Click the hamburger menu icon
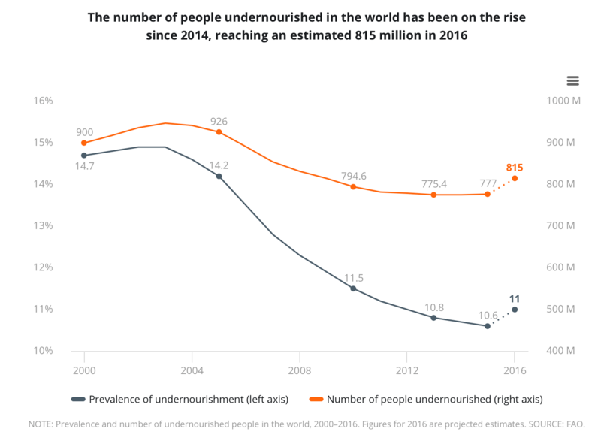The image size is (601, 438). click(x=572, y=81)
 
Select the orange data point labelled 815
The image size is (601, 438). click(x=515, y=178)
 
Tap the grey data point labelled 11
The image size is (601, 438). click(x=515, y=310)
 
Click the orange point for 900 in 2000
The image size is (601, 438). click(x=84, y=143)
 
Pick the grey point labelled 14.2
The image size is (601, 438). click(x=219, y=177)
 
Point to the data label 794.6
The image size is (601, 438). click(x=353, y=177)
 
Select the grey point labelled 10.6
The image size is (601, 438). click(x=488, y=326)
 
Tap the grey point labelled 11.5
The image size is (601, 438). click(x=353, y=288)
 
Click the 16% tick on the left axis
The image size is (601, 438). click(x=41, y=101)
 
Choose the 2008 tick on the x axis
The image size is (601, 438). click(x=299, y=370)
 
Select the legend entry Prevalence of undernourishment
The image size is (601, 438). click(x=173, y=399)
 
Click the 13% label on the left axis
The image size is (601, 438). click(x=41, y=225)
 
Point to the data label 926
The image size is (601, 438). click(x=219, y=122)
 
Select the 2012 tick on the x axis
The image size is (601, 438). click(x=406, y=370)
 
